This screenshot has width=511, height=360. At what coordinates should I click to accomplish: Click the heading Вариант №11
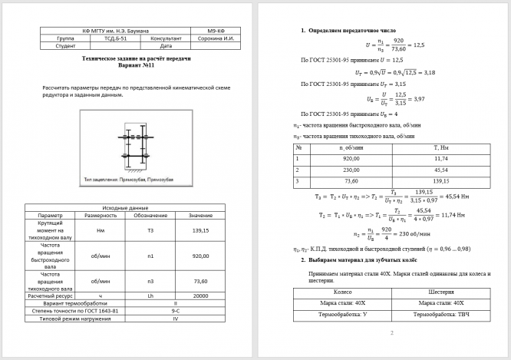click(x=136, y=65)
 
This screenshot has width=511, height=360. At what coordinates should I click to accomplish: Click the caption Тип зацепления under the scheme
click(x=129, y=179)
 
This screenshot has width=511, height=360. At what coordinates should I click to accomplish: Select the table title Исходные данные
click(x=125, y=208)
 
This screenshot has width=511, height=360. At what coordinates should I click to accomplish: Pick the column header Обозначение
click(x=150, y=216)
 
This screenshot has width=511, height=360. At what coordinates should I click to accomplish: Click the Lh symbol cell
click(x=150, y=295)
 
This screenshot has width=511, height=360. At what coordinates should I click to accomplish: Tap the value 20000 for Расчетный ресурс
click(x=200, y=295)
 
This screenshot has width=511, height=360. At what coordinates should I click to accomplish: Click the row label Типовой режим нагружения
click(x=75, y=318)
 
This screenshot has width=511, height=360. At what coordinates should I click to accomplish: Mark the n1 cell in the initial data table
click(x=150, y=256)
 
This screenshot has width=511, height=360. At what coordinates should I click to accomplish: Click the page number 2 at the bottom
click(x=392, y=333)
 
